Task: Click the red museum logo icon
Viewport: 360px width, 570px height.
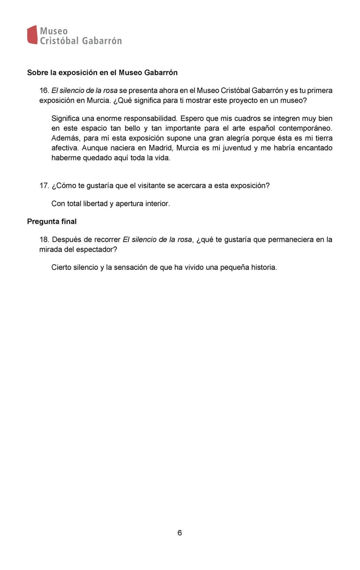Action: pyautogui.click(x=32, y=35)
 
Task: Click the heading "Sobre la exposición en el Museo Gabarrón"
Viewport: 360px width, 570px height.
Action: pyautogui.click(x=102, y=73)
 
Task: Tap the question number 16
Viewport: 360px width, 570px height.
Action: pyautogui.click(x=44, y=90)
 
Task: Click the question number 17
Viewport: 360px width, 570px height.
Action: pyautogui.click(x=44, y=185)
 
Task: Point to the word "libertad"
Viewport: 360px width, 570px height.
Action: pyautogui.click(x=92, y=204)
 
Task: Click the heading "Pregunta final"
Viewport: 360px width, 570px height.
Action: pyautogui.click(x=52, y=221)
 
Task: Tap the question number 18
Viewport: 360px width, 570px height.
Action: pyautogui.click(x=44, y=240)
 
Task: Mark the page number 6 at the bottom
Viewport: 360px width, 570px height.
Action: pyautogui.click(x=180, y=533)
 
